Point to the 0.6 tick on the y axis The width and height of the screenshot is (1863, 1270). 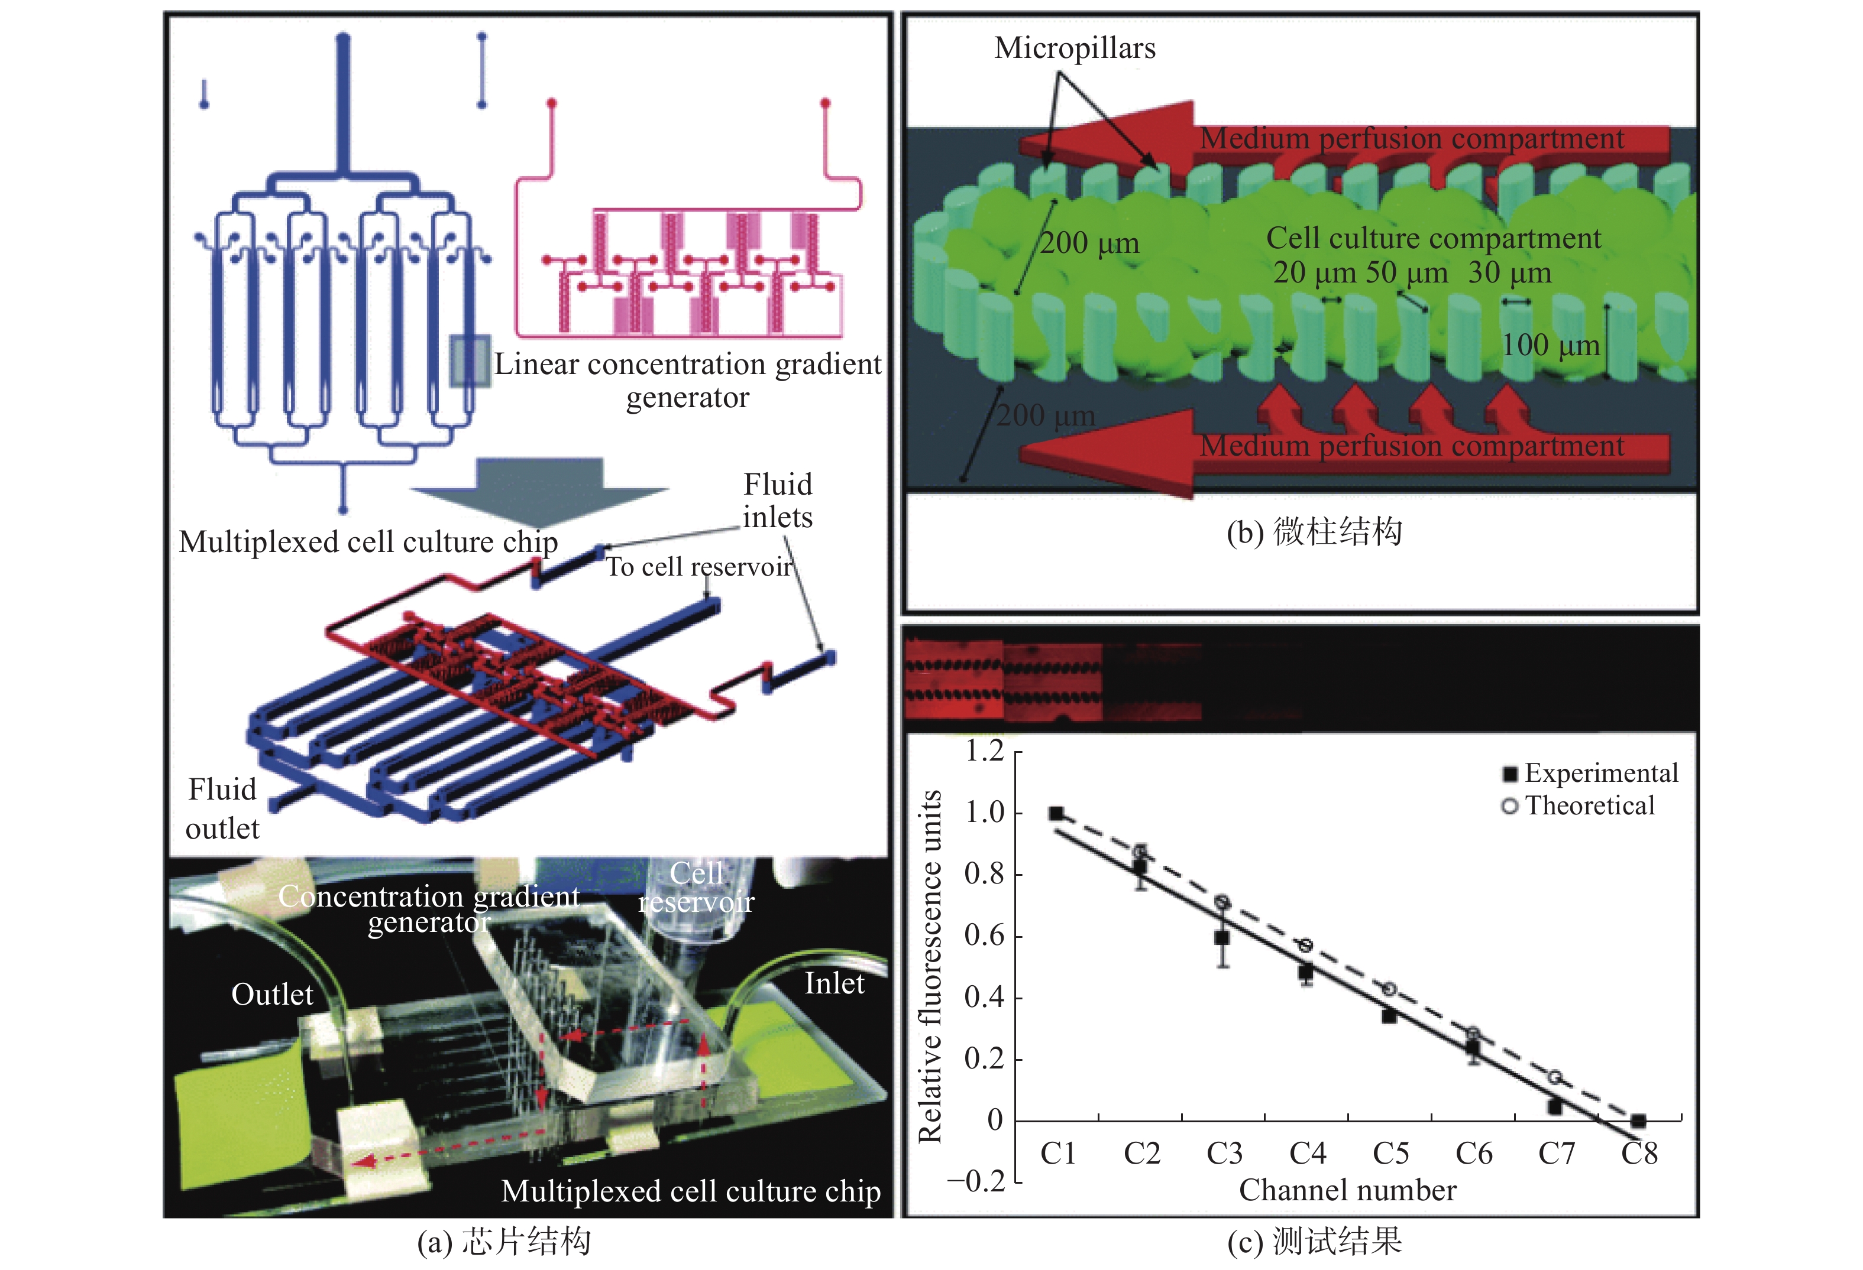(x=984, y=935)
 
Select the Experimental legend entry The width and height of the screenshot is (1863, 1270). (x=1590, y=773)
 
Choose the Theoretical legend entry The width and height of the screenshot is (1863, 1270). (x=1577, y=805)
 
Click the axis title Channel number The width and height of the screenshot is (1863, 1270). (x=1347, y=1191)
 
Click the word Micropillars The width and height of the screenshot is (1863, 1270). (x=1075, y=48)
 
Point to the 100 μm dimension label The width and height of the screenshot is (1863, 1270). (x=1550, y=345)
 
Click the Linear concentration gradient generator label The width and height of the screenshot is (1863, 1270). (x=688, y=381)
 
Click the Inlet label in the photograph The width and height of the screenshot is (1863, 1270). (x=835, y=983)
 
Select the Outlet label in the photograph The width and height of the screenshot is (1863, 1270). (x=271, y=995)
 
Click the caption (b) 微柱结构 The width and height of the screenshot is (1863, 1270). (x=1314, y=532)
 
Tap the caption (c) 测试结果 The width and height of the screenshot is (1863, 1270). (x=1314, y=1241)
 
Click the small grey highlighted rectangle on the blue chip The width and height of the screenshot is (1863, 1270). (x=469, y=361)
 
